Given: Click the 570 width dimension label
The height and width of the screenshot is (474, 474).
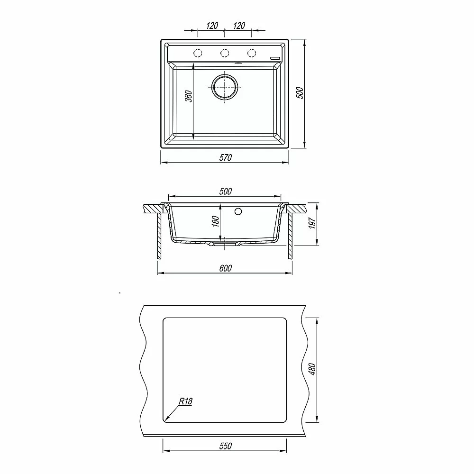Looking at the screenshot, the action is [x=226, y=157].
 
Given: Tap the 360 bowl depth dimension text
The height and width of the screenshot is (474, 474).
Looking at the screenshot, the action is [x=188, y=96].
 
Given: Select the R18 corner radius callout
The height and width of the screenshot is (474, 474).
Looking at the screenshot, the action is [x=185, y=401].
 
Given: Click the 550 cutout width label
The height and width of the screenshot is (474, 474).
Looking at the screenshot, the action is [x=226, y=446].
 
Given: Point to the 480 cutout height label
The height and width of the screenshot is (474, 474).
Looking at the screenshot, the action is [x=312, y=369].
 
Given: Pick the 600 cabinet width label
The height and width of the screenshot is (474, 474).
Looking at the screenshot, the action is [x=226, y=268].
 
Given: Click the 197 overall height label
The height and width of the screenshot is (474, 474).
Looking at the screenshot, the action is [x=312, y=223].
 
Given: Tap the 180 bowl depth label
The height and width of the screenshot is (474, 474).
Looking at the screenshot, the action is [x=215, y=221].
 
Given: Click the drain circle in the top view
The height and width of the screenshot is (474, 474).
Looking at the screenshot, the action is [x=225, y=87].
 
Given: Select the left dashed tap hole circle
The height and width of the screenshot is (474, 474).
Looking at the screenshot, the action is [x=198, y=53].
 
